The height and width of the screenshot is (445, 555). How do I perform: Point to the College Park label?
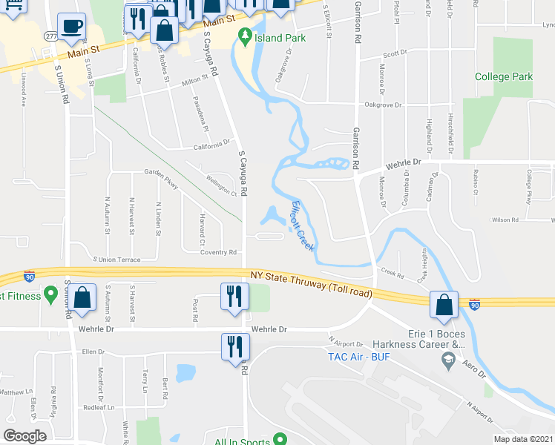504,76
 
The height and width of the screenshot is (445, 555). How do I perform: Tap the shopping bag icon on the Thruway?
444,306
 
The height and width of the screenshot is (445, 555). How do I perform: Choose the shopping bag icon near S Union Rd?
84,298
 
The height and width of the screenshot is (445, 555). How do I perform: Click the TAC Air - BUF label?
359,357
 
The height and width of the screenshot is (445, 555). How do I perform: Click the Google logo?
24,436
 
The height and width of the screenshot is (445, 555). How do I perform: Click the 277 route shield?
50,36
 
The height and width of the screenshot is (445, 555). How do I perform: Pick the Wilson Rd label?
505,220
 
